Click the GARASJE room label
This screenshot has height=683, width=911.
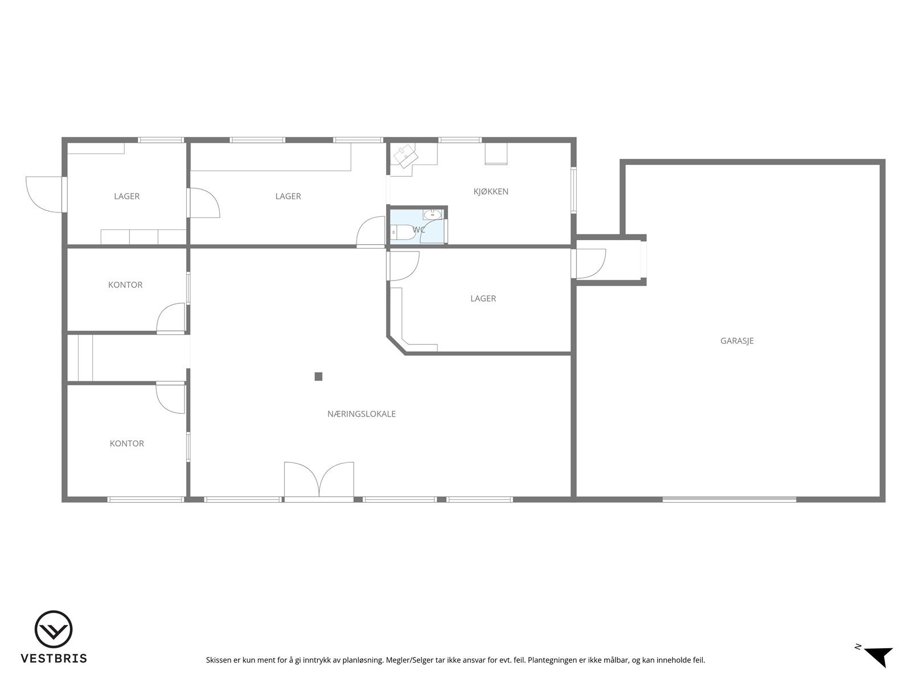pos(737,341)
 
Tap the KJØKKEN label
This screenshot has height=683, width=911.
pos(491,191)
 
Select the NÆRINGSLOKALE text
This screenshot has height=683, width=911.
pos(362,414)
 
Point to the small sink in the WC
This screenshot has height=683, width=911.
pos(433,214)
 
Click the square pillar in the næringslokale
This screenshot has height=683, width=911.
pos(318,376)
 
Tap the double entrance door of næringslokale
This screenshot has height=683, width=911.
pos(319,481)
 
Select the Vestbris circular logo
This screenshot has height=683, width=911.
pos(54,630)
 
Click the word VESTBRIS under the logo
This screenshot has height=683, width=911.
pos(54,659)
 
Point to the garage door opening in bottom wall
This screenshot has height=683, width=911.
pos(729,499)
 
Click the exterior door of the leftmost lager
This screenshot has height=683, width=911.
pos(46,195)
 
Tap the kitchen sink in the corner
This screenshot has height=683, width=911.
pos(407,155)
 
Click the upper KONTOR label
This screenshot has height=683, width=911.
pos(125,285)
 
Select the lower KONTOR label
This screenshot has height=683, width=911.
pos(127,443)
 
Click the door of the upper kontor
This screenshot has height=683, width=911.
pos(172,318)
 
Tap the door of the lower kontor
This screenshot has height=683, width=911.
pos(171,397)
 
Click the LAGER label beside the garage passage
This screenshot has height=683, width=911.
pos(483,298)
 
